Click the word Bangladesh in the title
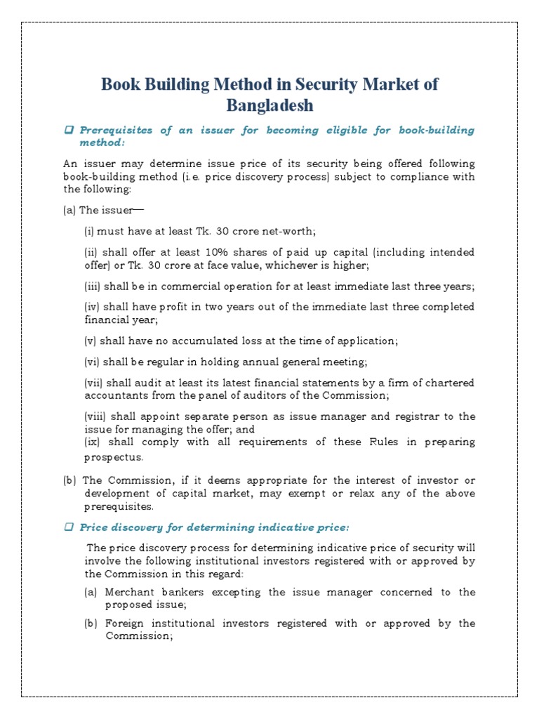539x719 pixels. tap(269, 106)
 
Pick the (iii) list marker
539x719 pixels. tap(92, 286)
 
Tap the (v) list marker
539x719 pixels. tap(91, 341)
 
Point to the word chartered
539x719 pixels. tap(447, 383)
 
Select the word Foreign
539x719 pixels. tap(126, 623)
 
